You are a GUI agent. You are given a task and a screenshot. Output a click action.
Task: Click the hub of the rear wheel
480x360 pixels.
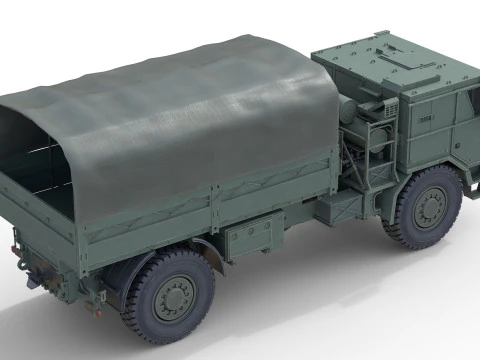click(174, 296)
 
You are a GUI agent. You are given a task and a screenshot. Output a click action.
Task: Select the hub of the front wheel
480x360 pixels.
click(431, 207)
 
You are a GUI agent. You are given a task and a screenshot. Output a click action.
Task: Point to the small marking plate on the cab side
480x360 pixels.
click(427, 119)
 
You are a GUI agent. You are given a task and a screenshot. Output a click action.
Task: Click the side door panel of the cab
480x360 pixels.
click(440, 140)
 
